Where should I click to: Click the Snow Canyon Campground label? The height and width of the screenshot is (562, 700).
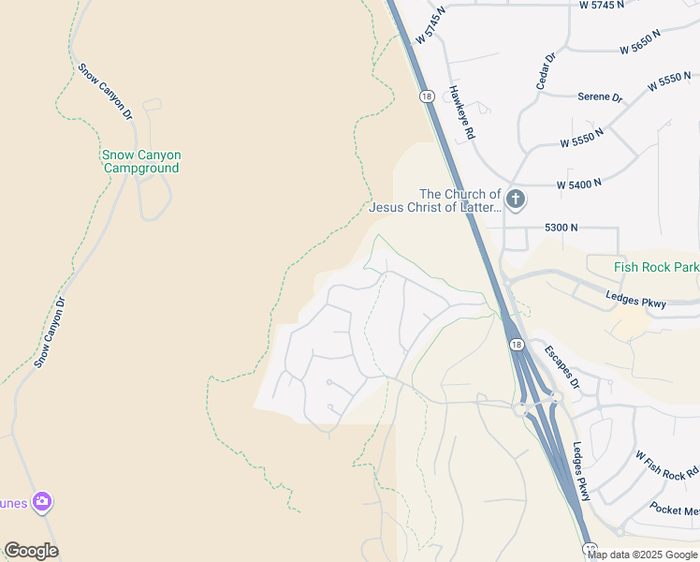[140, 161]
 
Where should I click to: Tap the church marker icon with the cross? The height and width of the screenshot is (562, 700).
[515, 200]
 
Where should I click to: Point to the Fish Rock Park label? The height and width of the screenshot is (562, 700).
[656, 267]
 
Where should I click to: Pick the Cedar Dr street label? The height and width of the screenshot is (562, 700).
[546, 71]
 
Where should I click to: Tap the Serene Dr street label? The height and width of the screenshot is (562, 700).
[600, 96]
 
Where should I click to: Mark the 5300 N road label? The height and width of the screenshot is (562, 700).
[561, 228]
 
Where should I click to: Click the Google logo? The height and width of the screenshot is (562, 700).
[31, 551]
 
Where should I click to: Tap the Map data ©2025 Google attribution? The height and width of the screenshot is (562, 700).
[643, 555]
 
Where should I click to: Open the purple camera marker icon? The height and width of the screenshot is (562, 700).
[41, 502]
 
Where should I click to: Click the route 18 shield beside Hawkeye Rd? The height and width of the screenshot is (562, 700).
[427, 96]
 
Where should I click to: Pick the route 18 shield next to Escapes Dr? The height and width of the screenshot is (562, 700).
[516, 345]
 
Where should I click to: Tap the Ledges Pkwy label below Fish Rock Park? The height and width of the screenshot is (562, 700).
[635, 301]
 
